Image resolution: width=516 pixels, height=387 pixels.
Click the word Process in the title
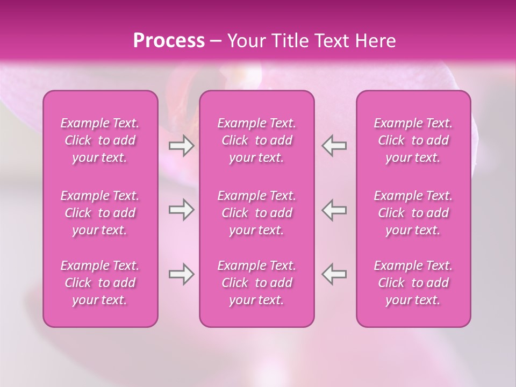pos(169,41)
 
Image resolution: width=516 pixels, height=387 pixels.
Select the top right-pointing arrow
pos(181,146)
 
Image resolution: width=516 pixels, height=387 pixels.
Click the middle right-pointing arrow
pos(181,210)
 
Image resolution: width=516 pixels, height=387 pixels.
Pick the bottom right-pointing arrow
pos(181,274)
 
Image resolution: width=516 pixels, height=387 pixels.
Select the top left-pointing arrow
pos(334,146)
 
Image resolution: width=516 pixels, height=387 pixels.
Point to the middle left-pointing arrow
pos(334,210)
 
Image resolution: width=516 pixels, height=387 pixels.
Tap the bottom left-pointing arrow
pos(334,274)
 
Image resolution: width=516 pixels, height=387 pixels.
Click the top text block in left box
pos(100,140)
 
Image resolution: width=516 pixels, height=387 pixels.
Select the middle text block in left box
pos(100,213)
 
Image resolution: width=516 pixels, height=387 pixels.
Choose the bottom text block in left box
pos(100,283)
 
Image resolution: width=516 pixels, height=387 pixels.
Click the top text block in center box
pos(257,140)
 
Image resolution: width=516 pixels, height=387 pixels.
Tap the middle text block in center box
pos(257,213)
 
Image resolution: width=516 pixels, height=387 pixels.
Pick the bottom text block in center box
pos(257,283)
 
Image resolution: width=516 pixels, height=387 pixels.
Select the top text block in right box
pos(413,140)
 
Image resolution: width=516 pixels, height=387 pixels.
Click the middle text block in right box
pos(413,213)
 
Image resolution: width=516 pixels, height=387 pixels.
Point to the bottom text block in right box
pos(413,283)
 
